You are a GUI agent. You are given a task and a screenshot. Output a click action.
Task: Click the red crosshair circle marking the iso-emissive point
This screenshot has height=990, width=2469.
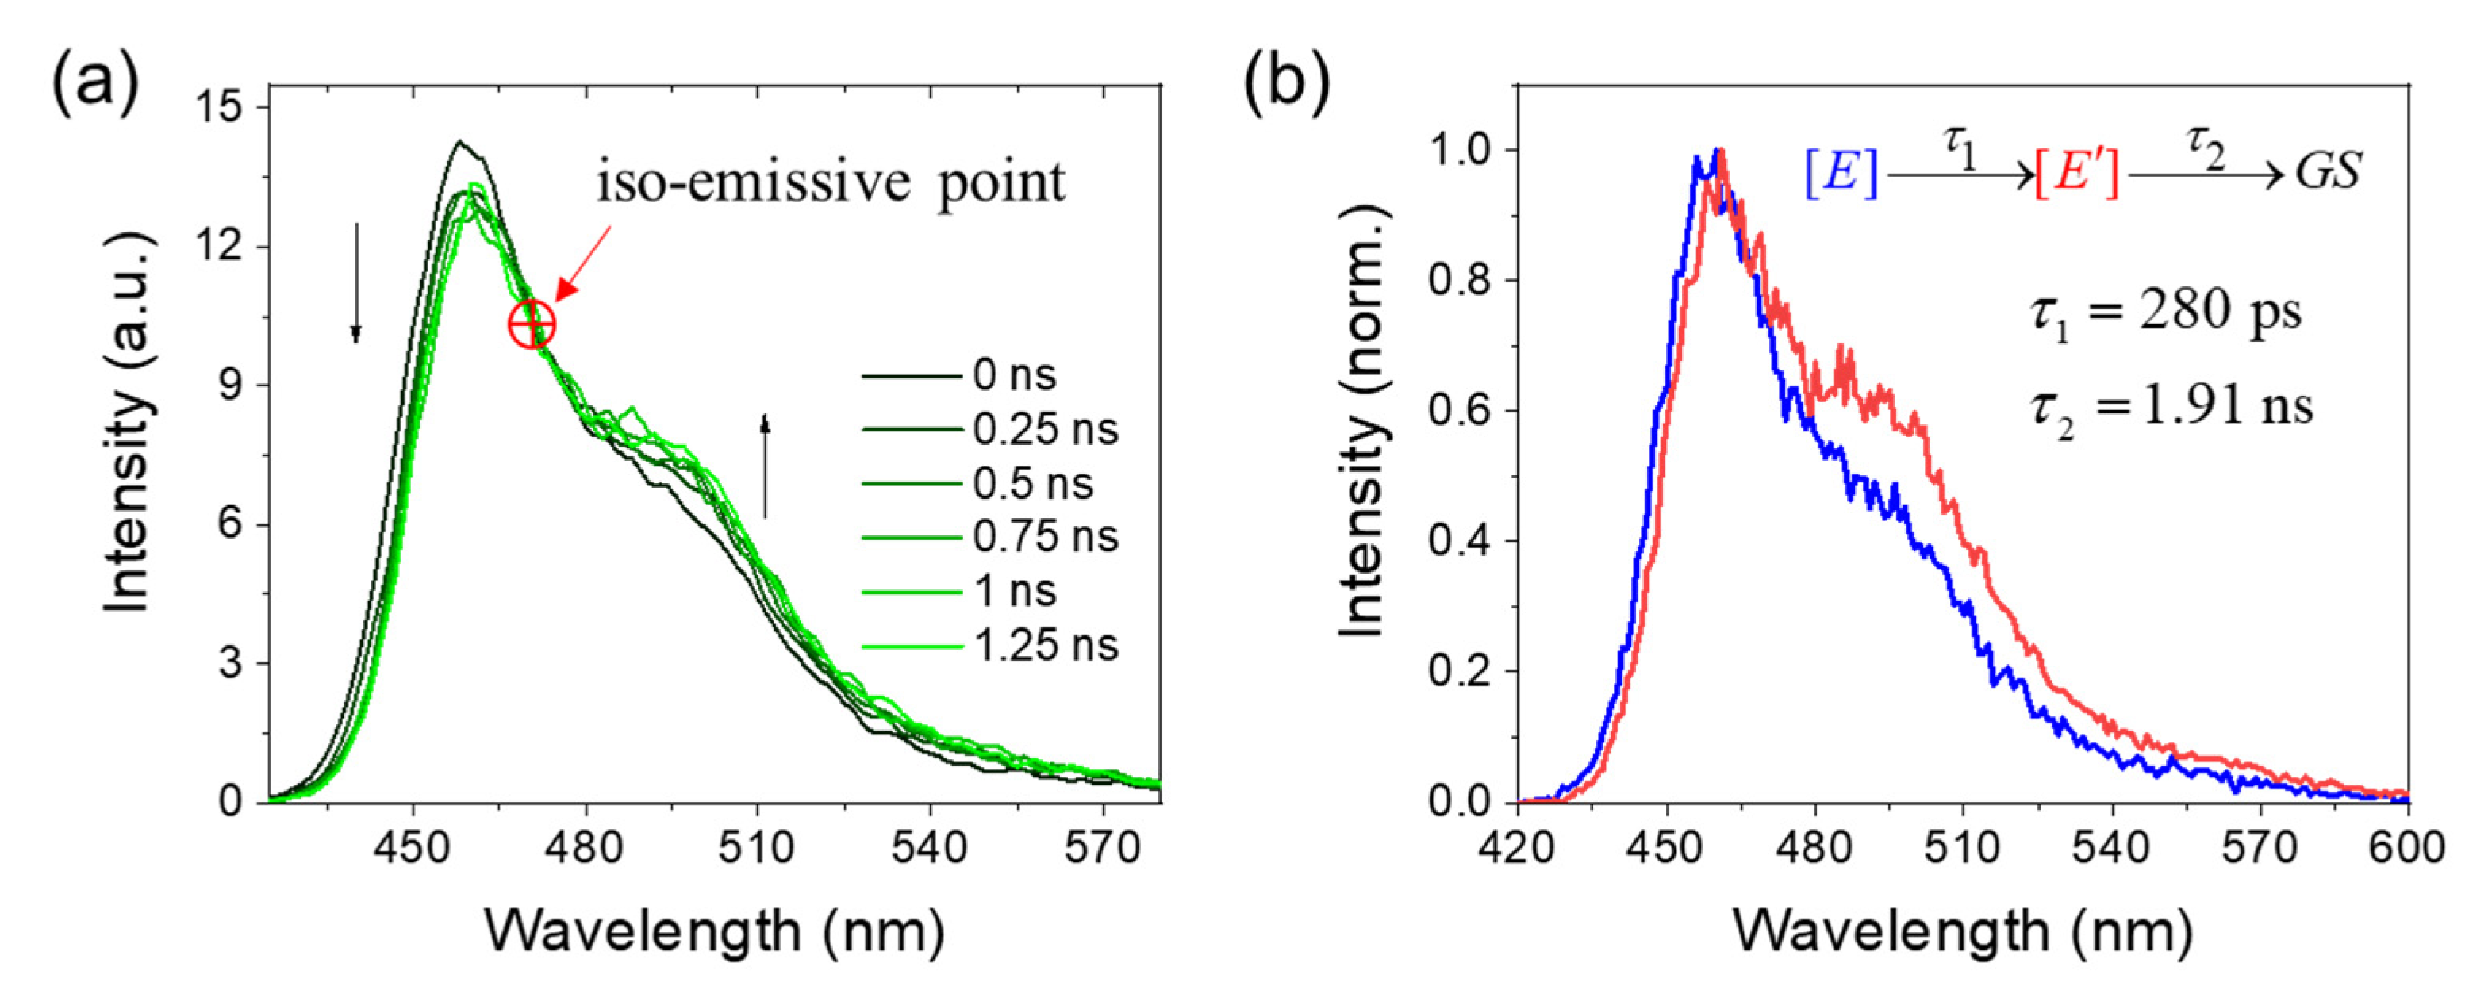[x=531, y=326]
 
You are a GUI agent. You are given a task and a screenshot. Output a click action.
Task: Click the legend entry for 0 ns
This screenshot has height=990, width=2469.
[x=1013, y=376]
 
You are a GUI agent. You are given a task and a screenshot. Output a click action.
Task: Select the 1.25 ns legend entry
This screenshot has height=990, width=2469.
[x=1045, y=647]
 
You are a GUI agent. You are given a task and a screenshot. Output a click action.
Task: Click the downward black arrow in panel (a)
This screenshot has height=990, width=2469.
[x=355, y=282]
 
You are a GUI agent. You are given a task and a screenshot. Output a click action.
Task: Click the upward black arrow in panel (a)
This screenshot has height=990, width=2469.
[x=765, y=466]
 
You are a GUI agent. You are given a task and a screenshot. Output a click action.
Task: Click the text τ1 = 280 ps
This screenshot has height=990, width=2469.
[x=2166, y=313]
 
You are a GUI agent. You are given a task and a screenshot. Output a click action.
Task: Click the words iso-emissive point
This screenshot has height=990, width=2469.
[x=830, y=182]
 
